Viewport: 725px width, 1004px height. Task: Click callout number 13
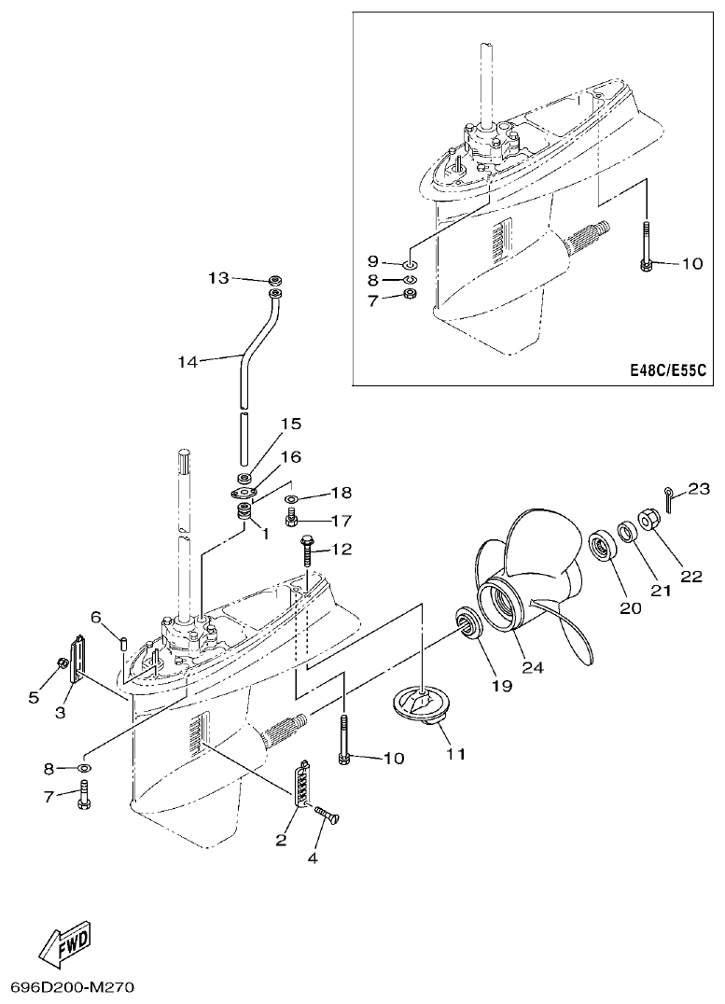217,278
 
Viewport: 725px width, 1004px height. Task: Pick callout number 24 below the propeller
533,667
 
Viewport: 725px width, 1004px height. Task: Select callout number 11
453,753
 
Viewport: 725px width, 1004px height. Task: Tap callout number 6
95,616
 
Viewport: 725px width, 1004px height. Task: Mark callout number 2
281,841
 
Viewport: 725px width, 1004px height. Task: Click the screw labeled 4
328,815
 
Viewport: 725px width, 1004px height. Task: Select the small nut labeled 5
62,663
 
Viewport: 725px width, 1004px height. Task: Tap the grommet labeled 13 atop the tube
275,279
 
